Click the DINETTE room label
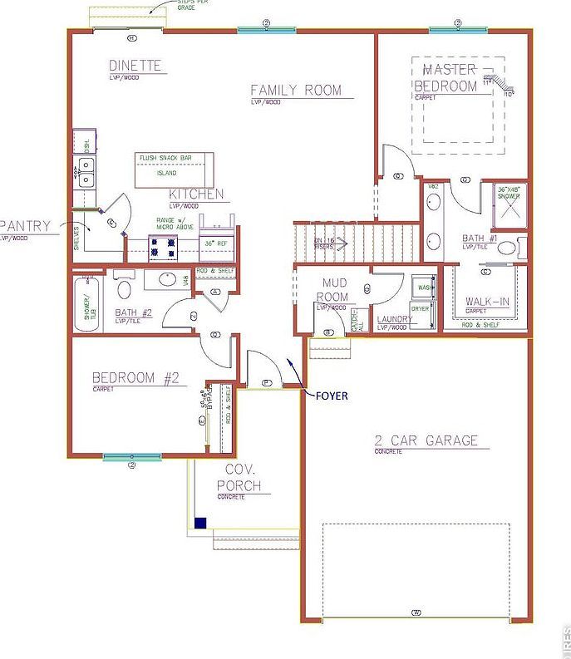coord(135,66)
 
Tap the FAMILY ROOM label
coord(296,91)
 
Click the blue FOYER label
coord(331,396)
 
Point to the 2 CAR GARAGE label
coord(426,440)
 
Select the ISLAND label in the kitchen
coord(167,173)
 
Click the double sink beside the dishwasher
coord(86,173)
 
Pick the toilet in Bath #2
coord(123,288)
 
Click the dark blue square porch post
coord(200,523)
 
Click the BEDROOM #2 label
coord(135,377)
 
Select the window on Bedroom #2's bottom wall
coord(131,456)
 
